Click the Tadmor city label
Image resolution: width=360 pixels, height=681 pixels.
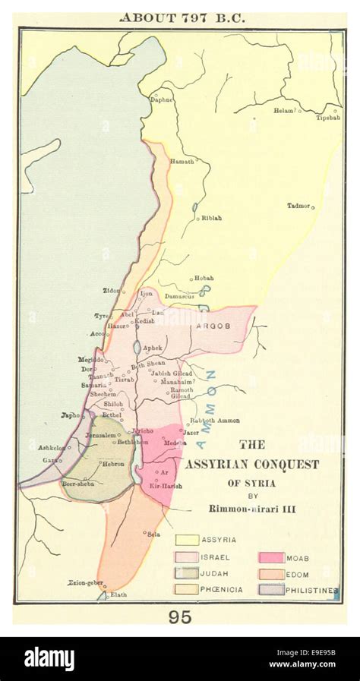click(298, 206)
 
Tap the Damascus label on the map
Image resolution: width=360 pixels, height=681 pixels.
click(180, 296)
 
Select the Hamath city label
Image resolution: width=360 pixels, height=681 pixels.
click(182, 162)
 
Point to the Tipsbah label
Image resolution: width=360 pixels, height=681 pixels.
click(327, 118)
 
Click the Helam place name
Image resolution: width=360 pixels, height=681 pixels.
click(283, 111)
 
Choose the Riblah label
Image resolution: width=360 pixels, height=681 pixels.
click(211, 218)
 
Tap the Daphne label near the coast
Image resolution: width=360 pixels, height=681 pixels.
click(161, 99)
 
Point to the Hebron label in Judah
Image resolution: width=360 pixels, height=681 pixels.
click(113, 463)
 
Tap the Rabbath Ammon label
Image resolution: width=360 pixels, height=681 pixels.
click(215, 420)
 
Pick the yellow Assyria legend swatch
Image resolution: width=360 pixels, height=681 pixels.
click(187, 540)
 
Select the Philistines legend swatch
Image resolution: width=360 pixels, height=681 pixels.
click(271, 589)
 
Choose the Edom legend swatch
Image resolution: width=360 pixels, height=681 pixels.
click(271, 574)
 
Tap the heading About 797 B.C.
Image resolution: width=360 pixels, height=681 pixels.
click(180, 17)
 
